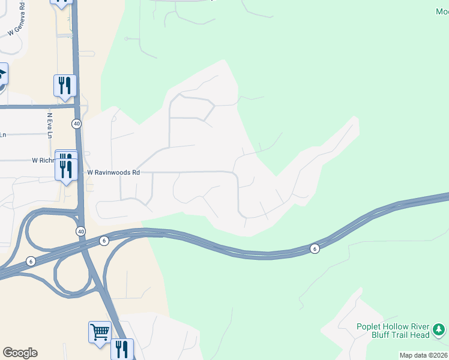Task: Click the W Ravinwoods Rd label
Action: click(x=113, y=172)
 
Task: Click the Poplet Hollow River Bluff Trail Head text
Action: click(x=393, y=331)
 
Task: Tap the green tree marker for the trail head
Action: click(x=439, y=329)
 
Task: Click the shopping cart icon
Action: click(x=100, y=332)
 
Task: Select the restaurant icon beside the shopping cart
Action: click(x=122, y=349)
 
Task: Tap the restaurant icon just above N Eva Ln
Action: click(x=65, y=86)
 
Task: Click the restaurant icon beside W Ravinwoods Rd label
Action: click(x=66, y=168)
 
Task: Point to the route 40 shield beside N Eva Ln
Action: click(x=76, y=124)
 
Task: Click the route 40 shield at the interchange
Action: click(x=80, y=231)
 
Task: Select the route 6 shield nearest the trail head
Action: click(x=314, y=248)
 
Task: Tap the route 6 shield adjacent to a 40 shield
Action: click(x=104, y=241)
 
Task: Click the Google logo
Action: click(x=20, y=353)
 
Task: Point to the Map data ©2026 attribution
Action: click(x=423, y=355)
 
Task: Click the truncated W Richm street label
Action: click(x=43, y=161)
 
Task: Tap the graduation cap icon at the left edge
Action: click(x=2, y=75)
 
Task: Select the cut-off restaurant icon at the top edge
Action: click(x=62, y=2)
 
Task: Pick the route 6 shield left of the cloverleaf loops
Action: click(x=31, y=262)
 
